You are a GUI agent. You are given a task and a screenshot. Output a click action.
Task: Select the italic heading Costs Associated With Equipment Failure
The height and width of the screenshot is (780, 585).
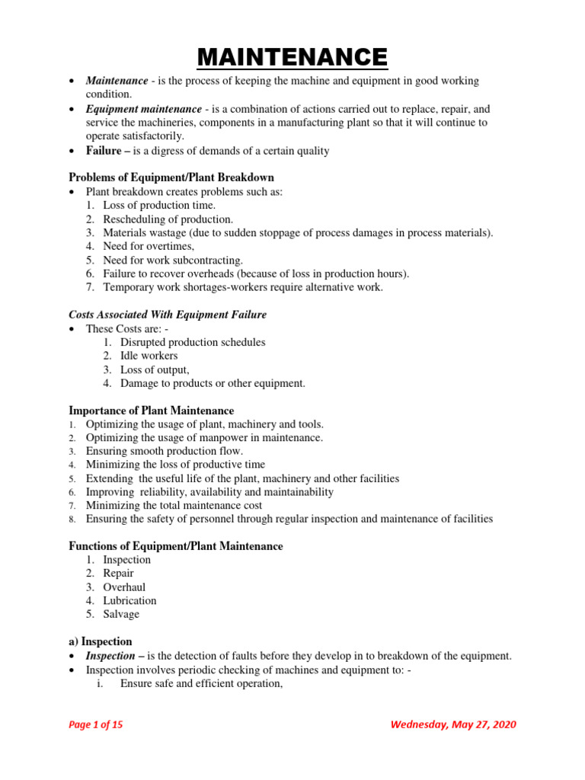pos(168,315)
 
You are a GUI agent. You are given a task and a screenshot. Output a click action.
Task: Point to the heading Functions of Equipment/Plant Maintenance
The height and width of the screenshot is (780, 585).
pos(176,546)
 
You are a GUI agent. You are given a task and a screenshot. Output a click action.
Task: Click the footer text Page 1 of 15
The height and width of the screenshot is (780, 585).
pos(96,724)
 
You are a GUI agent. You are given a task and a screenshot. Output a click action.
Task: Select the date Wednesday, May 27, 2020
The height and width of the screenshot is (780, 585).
pos(452,724)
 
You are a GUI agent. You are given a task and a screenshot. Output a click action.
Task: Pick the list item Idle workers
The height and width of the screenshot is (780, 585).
pos(149,356)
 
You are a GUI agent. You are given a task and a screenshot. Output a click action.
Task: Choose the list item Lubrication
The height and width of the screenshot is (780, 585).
pos(129,600)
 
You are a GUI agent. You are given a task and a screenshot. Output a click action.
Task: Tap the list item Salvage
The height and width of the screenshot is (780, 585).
pos(121,614)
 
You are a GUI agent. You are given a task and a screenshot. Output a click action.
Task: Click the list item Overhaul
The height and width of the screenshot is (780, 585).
pos(124,587)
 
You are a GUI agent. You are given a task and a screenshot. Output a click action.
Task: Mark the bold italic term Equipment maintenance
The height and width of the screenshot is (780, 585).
pos(144,109)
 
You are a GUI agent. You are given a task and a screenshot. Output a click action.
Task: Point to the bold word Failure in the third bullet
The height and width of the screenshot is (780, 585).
pos(104,151)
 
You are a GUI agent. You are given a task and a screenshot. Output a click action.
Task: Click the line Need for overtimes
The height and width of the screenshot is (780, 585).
pos(149,246)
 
